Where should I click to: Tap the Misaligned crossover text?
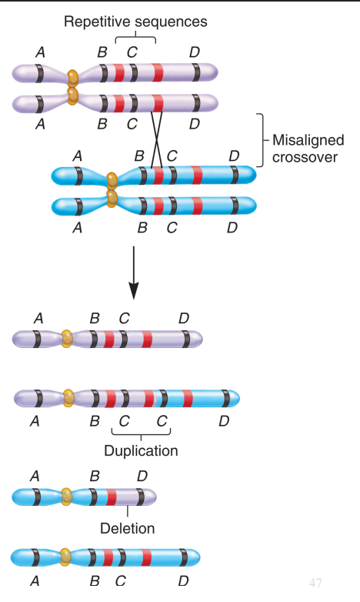(x=308, y=148)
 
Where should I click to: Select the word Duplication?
(x=141, y=450)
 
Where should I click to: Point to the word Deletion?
(x=127, y=528)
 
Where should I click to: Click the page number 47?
(x=315, y=583)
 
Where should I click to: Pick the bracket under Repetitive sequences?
(x=135, y=38)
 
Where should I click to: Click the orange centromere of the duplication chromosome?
(x=68, y=398)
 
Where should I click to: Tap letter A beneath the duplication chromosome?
(x=34, y=421)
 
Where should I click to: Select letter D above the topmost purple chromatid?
(x=195, y=52)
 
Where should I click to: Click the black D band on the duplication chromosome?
(x=225, y=398)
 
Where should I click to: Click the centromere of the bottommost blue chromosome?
(x=66, y=556)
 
